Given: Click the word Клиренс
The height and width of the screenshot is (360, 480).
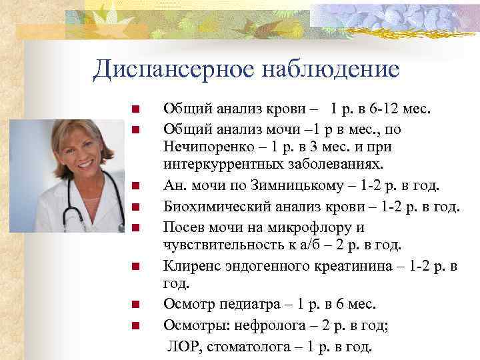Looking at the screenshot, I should pyautogui.click(x=189, y=266).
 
